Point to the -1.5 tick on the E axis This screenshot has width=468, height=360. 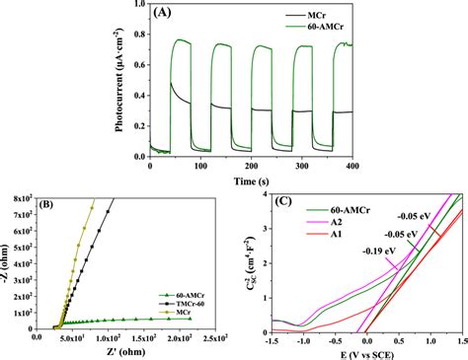coord(271,337)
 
